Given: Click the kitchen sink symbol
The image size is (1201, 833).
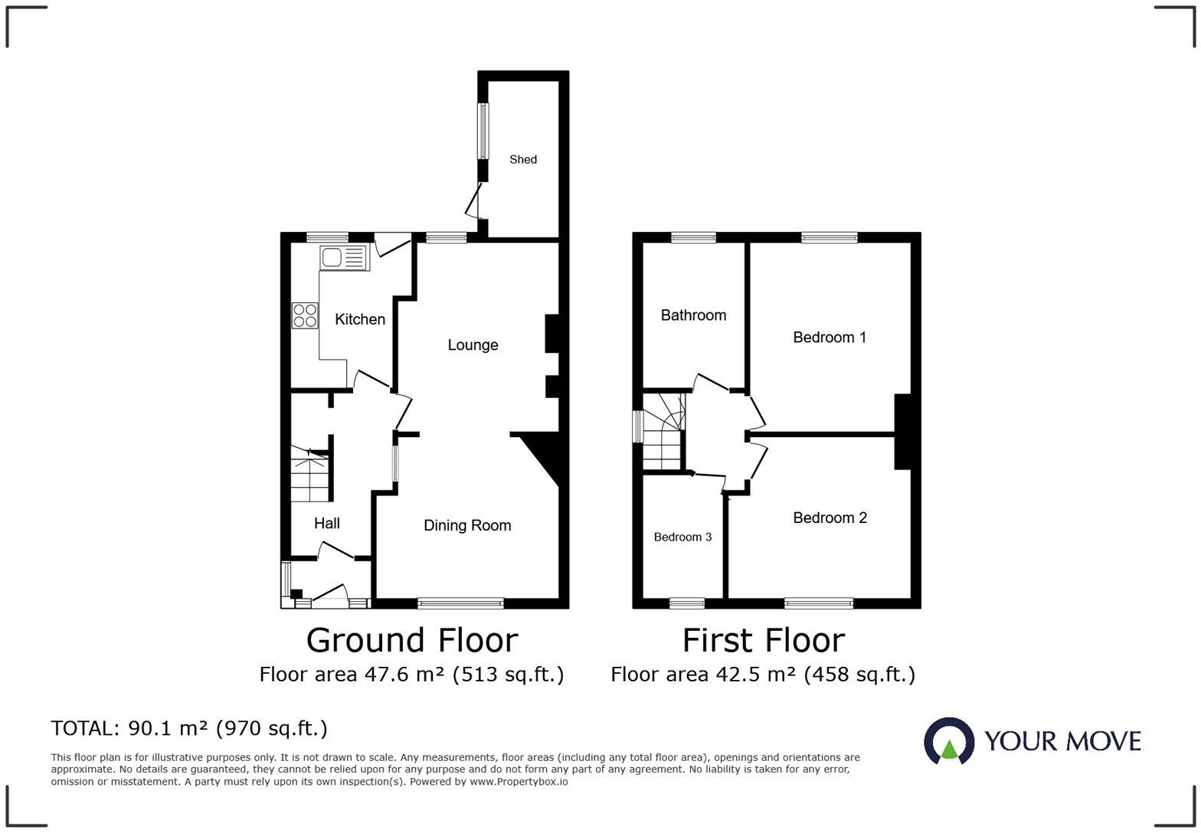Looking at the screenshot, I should pyautogui.click(x=344, y=258).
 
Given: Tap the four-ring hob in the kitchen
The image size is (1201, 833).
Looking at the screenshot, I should pyautogui.click(x=304, y=315).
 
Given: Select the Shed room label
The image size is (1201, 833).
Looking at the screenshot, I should pyautogui.click(x=523, y=159).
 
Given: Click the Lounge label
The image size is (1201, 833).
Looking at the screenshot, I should pyautogui.click(x=473, y=345).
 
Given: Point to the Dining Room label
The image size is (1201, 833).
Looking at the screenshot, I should pyautogui.click(x=467, y=525).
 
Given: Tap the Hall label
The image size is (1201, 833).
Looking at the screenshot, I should pyautogui.click(x=327, y=524).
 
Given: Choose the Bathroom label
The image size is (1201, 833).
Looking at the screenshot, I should pyautogui.click(x=693, y=315).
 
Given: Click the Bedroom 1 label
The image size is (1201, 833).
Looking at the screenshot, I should pyautogui.click(x=830, y=338).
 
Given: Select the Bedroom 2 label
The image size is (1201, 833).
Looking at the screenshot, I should pyautogui.click(x=830, y=518).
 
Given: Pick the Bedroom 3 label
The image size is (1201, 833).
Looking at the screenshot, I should pyautogui.click(x=682, y=537).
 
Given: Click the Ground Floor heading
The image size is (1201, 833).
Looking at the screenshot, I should pyautogui.click(x=412, y=641).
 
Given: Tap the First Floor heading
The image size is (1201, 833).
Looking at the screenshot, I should pyautogui.click(x=764, y=641).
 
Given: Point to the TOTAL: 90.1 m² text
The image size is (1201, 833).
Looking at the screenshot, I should pyautogui.click(x=189, y=728).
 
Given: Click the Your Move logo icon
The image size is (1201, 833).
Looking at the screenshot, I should pyautogui.click(x=949, y=741).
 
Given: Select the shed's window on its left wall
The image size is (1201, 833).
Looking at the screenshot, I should pyautogui.click(x=483, y=131).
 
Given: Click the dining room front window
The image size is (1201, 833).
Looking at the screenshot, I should pyautogui.click(x=460, y=603).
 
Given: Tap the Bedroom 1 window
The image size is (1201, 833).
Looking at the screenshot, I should pyautogui.click(x=829, y=237).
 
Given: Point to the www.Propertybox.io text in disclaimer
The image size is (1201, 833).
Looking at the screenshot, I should pyautogui.click(x=519, y=782).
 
